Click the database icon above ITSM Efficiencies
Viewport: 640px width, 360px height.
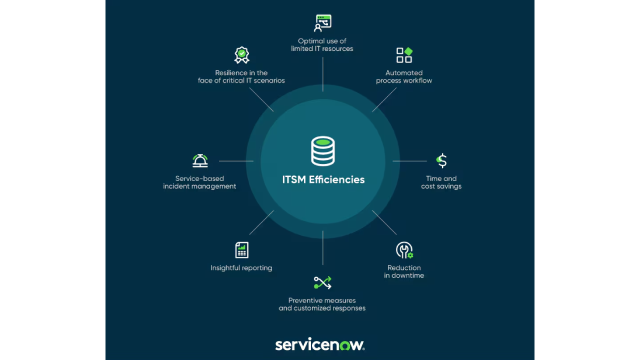click(323, 151)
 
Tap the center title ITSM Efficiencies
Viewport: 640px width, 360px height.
click(323, 179)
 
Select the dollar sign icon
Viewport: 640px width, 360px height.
click(441, 160)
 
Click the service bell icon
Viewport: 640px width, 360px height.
click(200, 160)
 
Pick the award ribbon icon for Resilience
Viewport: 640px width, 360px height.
click(241, 55)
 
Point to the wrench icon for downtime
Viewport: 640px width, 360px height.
click(404, 250)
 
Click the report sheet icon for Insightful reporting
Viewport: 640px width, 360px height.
click(241, 250)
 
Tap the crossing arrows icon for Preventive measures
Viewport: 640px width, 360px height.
click(322, 282)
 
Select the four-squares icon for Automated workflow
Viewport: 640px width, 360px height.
click(404, 55)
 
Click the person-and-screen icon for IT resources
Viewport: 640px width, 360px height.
click(322, 23)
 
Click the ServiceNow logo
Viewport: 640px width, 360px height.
click(320, 344)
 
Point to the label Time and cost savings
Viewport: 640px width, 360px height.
click(441, 182)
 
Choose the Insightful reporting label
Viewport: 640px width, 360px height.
click(241, 268)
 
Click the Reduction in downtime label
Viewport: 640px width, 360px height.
click(404, 271)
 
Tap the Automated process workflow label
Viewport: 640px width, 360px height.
click(404, 76)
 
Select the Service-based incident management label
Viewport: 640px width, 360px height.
click(199, 182)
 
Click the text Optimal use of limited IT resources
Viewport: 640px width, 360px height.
click(322, 45)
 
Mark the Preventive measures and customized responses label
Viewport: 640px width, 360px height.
click(322, 304)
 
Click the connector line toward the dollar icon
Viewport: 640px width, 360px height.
click(409, 161)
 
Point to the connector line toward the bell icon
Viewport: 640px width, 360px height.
click(236, 161)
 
